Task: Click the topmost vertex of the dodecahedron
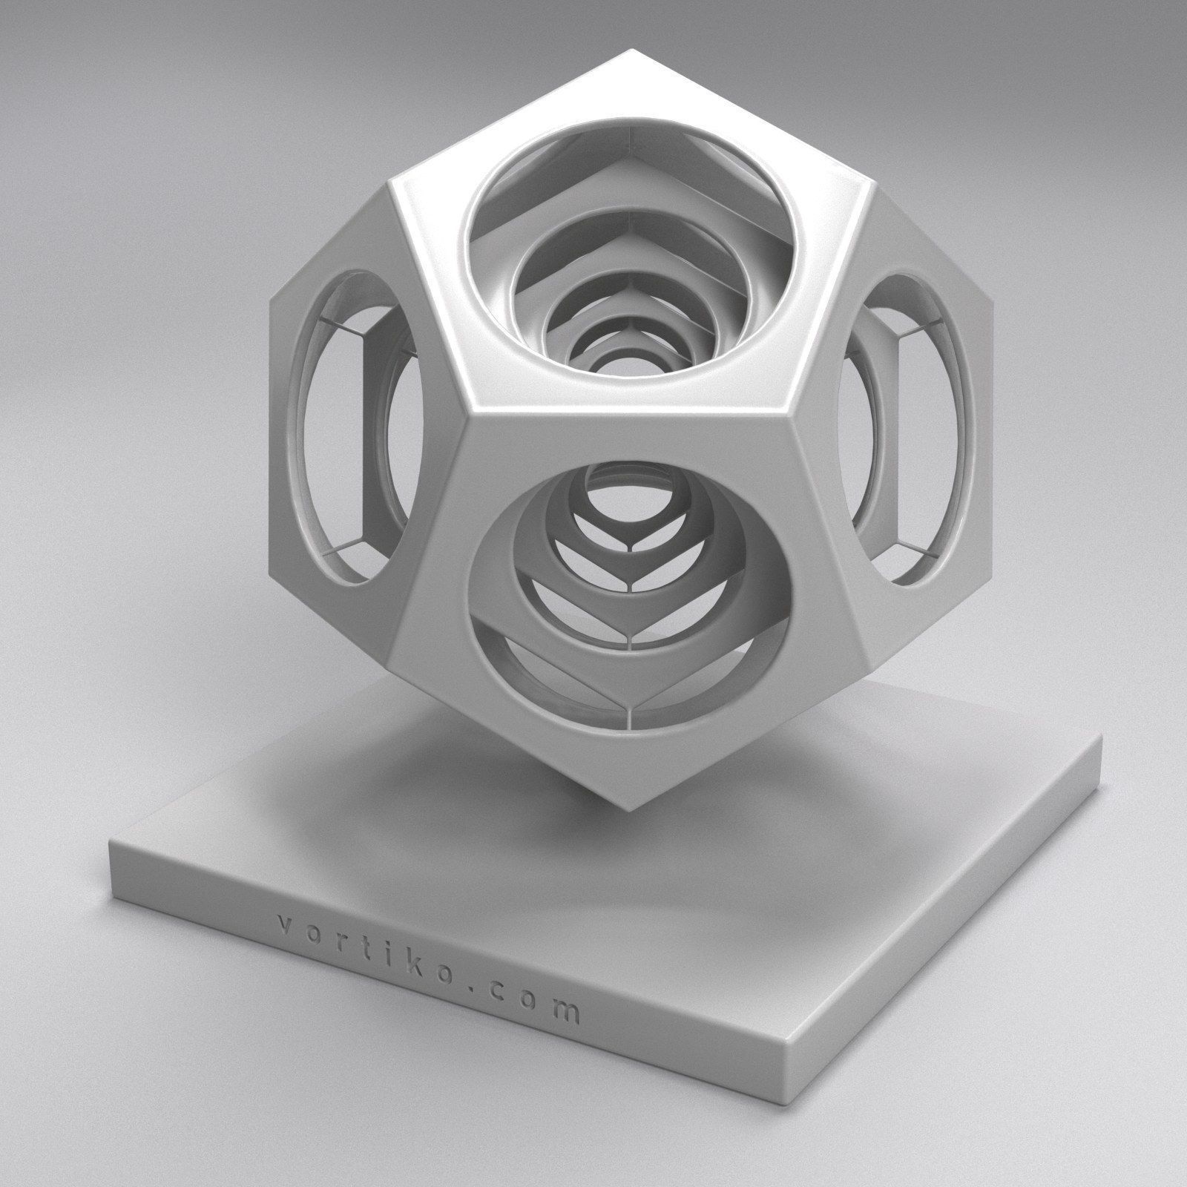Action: pyautogui.click(x=631, y=50)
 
